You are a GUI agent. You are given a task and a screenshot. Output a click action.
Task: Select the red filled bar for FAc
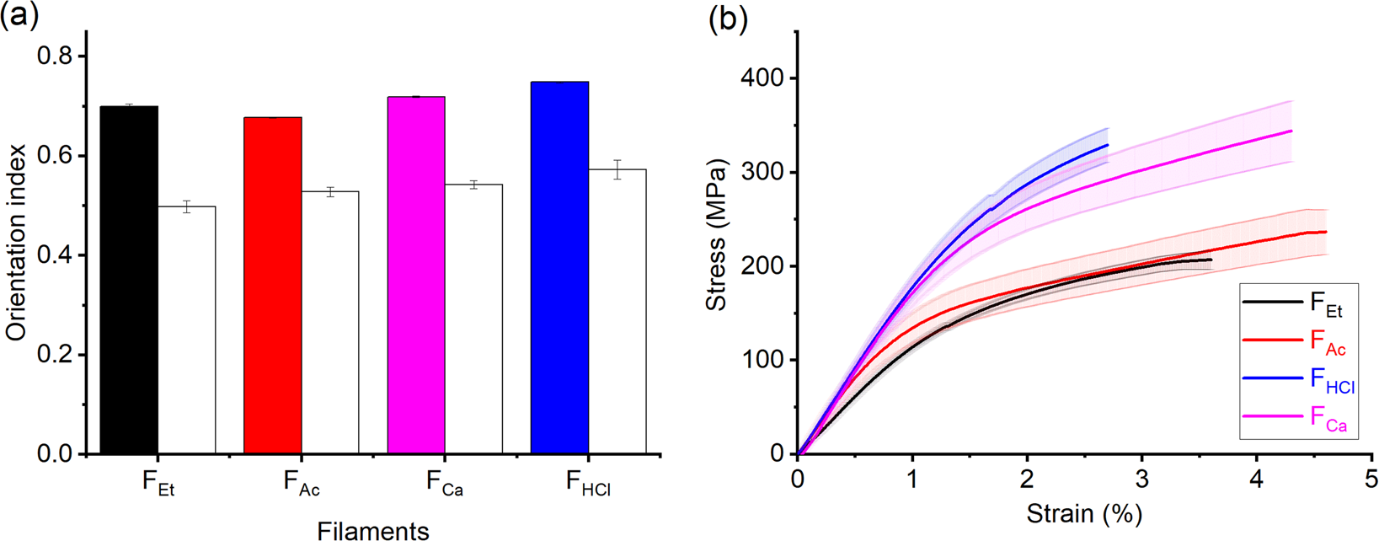coord(272,286)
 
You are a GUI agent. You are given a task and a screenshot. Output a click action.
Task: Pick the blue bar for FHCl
coord(559,268)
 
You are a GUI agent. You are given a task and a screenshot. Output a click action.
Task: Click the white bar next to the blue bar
coord(617,312)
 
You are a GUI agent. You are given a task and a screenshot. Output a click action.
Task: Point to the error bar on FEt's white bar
coord(187,206)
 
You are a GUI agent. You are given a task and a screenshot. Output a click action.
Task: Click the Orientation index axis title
coord(16,242)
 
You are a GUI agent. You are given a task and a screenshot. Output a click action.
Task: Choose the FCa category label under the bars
coord(444,485)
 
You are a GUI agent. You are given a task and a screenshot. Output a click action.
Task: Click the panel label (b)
coord(728,19)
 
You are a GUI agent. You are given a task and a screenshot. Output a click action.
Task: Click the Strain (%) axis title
coord(1084,513)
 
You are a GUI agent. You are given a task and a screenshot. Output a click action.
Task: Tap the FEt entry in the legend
coord(1325,305)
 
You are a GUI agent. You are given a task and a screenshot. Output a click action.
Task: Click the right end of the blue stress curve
coord(1108,145)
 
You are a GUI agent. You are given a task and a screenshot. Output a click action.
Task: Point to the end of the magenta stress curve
coord(1291,131)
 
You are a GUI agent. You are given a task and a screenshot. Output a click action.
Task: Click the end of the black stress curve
coord(1211,260)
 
